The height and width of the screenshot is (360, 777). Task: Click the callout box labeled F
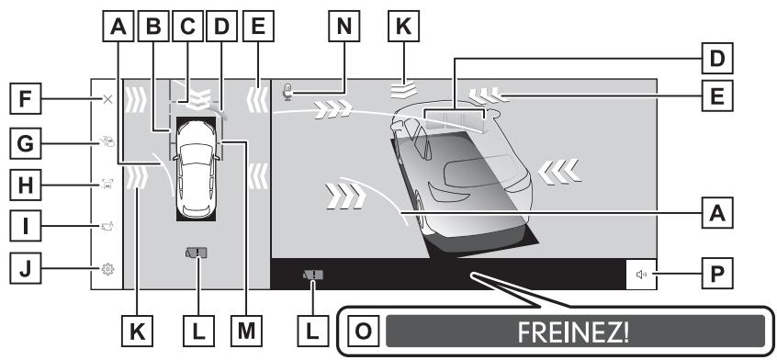[x=26, y=99]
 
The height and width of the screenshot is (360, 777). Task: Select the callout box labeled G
[x=26, y=143]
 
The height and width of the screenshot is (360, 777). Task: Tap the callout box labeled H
[x=26, y=186]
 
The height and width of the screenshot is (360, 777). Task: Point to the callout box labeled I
[x=26, y=226]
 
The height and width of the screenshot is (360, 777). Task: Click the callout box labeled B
[x=153, y=26]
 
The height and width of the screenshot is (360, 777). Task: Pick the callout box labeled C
[x=187, y=26]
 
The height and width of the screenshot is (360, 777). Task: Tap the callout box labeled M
[x=247, y=331]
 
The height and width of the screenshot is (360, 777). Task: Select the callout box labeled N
[x=344, y=26]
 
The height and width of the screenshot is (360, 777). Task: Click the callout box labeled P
[x=717, y=273]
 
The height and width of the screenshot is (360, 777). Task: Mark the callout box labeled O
[x=363, y=331]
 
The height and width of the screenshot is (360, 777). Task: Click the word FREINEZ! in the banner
[x=573, y=332]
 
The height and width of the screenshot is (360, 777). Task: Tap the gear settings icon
[x=107, y=269]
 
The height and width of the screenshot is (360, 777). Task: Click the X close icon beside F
[x=107, y=99]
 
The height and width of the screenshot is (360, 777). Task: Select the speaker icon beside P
[x=641, y=274]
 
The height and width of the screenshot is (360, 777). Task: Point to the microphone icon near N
[x=287, y=92]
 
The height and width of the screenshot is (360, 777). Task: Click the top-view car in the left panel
[x=197, y=169]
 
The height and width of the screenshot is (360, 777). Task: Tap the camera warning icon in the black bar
[x=313, y=275]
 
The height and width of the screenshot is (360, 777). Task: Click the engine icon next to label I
[x=107, y=226]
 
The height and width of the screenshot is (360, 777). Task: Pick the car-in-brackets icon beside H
[x=107, y=185]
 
